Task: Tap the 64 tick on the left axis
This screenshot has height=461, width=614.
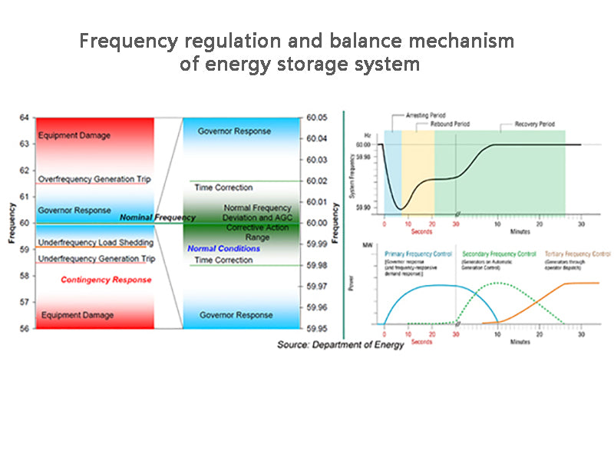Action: tap(24, 118)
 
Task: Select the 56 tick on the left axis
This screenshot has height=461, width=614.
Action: tap(24, 328)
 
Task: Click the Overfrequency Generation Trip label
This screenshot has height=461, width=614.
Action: tap(94, 179)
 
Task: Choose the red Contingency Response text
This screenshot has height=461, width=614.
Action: tap(106, 280)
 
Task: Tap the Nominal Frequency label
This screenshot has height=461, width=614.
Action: tap(157, 218)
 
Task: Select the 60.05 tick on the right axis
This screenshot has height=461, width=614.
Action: tap(316, 118)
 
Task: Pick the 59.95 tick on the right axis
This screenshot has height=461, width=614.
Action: tap(316, 328)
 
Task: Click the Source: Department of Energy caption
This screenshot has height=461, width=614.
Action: tap(340, 345)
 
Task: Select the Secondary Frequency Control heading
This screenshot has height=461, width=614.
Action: tap(499, 253)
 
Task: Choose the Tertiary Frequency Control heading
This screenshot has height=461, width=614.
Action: tap(578, 253)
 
